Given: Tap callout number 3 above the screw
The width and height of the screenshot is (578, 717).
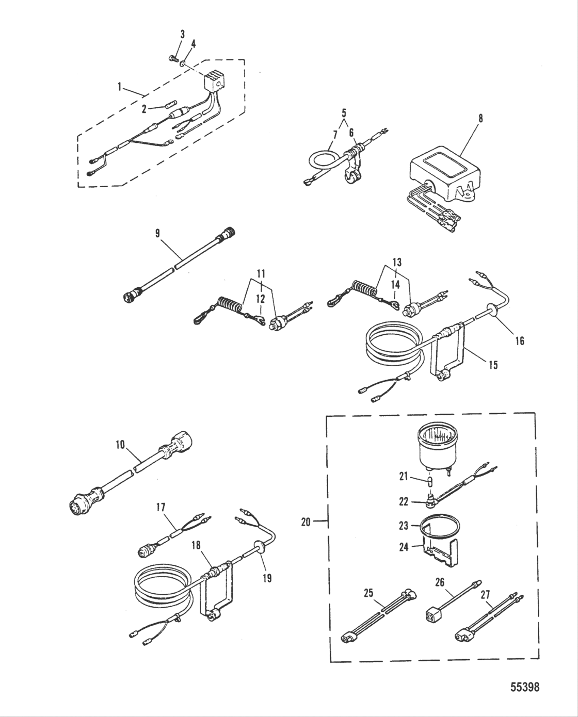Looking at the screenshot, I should point(182,34).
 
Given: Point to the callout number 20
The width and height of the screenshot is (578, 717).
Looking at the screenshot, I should point(306,522).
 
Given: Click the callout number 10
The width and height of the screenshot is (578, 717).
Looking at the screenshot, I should point(120,444).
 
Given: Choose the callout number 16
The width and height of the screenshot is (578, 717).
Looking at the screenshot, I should point(520,340).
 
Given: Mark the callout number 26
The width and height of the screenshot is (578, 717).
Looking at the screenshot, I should point(440,583).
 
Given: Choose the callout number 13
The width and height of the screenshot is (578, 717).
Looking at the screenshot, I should point(396,263).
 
